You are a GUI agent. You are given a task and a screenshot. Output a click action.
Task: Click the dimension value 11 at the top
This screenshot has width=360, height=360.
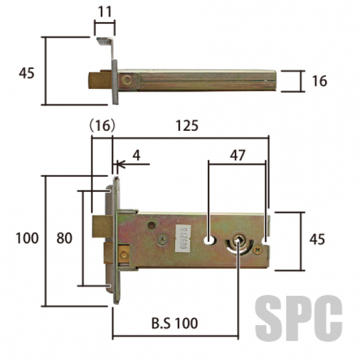click(104, 11)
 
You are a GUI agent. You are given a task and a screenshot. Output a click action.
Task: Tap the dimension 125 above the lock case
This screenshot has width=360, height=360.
click(187, 125)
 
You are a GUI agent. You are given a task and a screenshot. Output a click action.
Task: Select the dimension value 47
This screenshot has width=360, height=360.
click(238, 155)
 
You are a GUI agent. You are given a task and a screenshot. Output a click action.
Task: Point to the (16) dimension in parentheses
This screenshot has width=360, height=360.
click(102, 126)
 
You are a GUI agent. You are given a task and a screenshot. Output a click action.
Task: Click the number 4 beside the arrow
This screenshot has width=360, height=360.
click(136, 155)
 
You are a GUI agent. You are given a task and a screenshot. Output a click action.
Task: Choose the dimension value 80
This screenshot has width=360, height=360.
click(64, 238)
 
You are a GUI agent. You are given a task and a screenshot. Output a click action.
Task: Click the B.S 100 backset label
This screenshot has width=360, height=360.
click(175, 323)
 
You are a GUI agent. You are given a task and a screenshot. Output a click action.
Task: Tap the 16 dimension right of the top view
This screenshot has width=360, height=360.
click(319, 81)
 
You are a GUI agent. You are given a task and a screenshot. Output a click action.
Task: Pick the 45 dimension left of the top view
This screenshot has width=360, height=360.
click(26, 73)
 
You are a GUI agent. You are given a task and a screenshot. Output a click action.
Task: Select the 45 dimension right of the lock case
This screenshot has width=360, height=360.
click(317, 239)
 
